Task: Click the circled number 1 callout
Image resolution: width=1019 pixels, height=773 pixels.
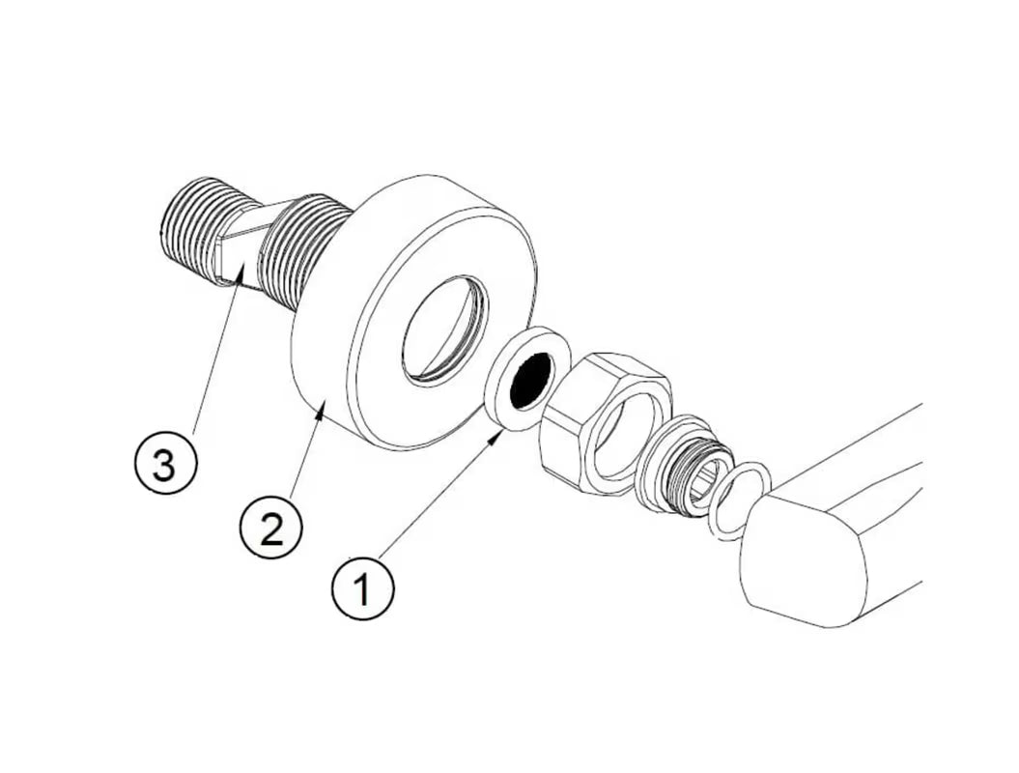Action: [362, 588]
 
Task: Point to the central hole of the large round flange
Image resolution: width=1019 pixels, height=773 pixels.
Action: [446, 329]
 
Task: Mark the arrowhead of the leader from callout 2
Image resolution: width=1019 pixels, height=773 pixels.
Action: [319, 411]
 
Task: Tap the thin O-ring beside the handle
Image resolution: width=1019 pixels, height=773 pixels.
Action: [740, 501]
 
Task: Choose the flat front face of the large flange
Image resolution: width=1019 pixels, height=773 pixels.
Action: [446, 312]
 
